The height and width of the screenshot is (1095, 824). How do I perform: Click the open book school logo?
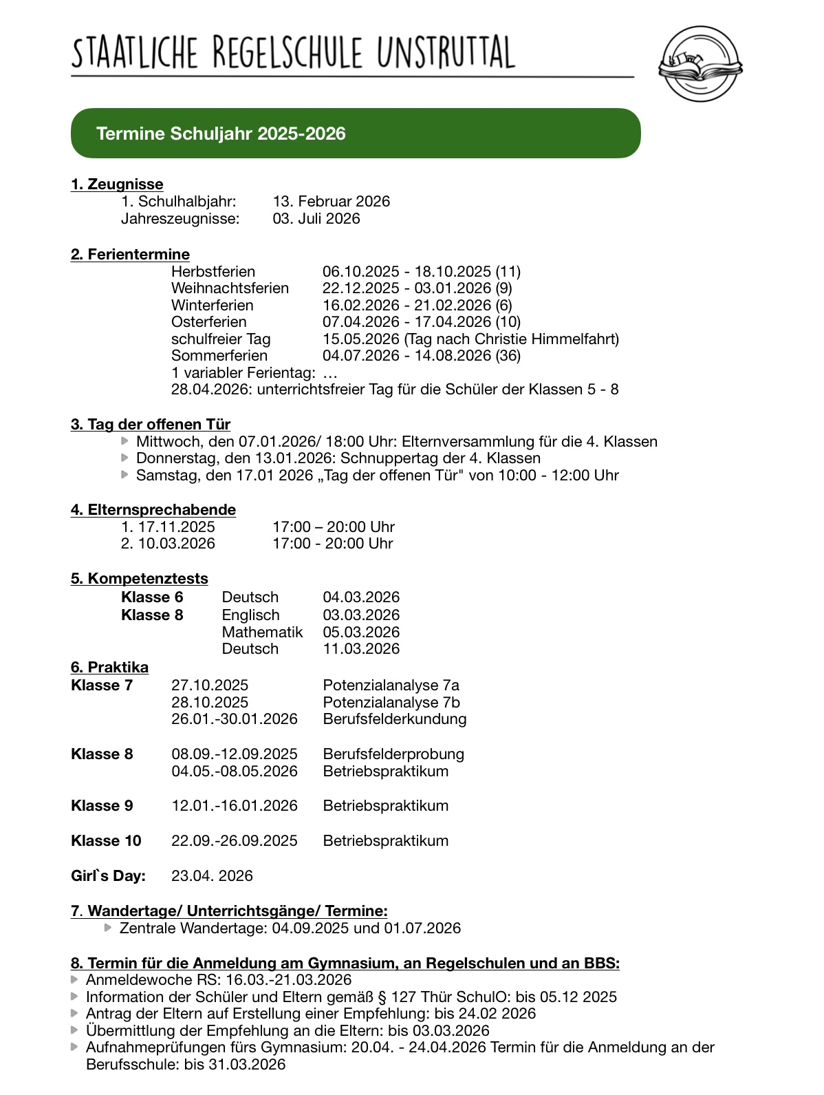[700, 64]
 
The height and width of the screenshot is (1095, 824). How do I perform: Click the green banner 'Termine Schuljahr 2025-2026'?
[355, 134]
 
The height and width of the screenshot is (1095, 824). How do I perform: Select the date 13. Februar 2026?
[331, 202]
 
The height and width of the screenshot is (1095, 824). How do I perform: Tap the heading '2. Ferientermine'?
[130, 255]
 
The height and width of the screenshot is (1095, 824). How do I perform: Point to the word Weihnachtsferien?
[230, 288]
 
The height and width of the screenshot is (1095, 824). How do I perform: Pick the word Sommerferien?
[219, 356]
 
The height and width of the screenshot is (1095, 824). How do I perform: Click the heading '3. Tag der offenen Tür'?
[150, 425]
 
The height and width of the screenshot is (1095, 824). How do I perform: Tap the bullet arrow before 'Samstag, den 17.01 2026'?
[124, 474]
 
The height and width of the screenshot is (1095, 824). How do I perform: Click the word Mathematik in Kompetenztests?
[262, 632]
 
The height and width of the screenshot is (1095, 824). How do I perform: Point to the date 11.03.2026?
[361, 649]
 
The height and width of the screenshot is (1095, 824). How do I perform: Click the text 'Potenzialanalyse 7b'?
[391, 703]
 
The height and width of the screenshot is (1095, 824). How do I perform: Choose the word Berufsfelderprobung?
[393, 754]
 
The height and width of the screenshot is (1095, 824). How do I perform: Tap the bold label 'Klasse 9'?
[102, 806]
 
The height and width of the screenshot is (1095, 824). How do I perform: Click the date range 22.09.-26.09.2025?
[235, 841]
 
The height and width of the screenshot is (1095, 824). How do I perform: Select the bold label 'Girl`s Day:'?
[108, 876]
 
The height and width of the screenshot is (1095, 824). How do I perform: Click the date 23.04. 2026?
[212, 876]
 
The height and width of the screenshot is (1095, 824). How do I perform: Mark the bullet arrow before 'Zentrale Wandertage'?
[108, 928]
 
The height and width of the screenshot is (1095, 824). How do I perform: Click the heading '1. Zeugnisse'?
[117, 184]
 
